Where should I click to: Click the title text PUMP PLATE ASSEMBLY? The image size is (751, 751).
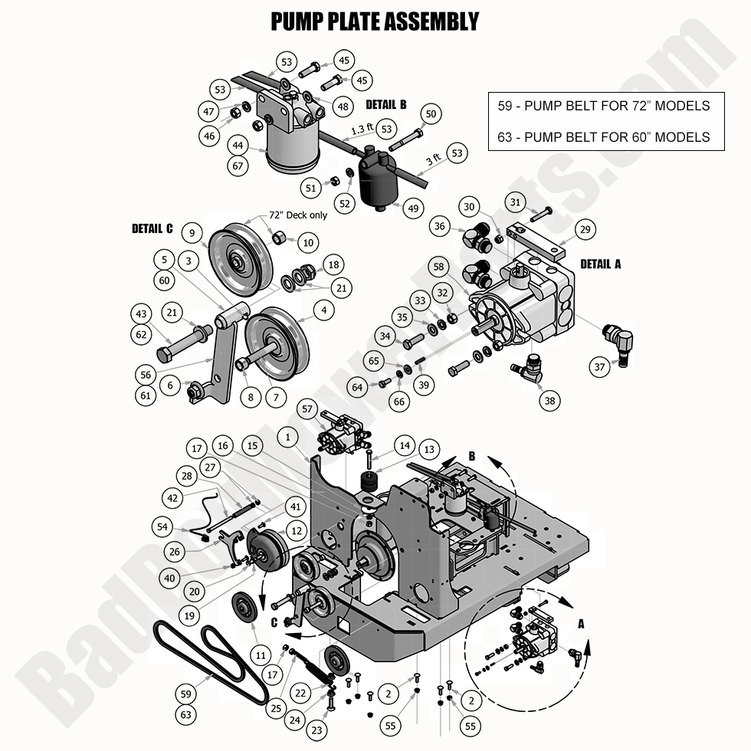click(375, 21)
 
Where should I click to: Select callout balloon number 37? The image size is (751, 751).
click(600, 368)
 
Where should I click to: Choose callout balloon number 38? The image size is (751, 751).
click(549, 400)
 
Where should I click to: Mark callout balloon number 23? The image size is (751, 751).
click(317, 730)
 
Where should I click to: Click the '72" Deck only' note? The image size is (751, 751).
click(297, 215)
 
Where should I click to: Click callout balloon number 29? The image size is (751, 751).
click(585, 228)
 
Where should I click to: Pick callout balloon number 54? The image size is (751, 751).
click(162, 526)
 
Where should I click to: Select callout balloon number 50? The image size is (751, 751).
click(431, 114)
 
